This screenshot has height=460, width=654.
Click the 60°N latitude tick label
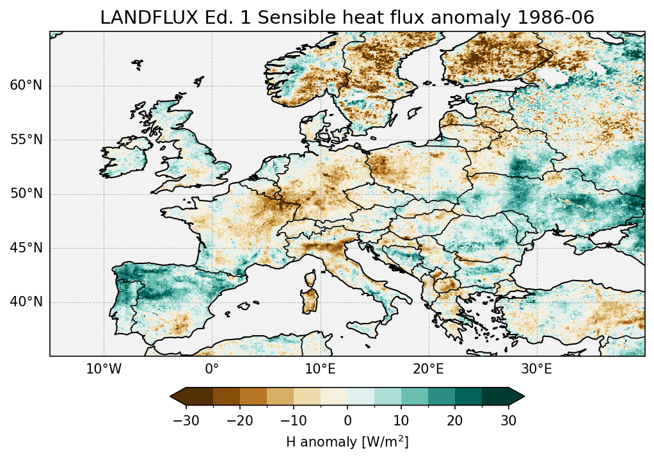point(26,86)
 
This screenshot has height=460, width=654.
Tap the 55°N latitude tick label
point(26,140)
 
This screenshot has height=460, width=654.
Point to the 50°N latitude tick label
point(26,194)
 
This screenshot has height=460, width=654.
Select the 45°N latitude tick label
point(26,248)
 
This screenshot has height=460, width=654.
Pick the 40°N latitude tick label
point(26,302)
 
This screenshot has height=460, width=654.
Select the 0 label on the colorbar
point(347,420)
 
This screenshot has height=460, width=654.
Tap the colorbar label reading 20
point(455,420)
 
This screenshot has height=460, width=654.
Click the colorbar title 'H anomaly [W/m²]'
point(347,441)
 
